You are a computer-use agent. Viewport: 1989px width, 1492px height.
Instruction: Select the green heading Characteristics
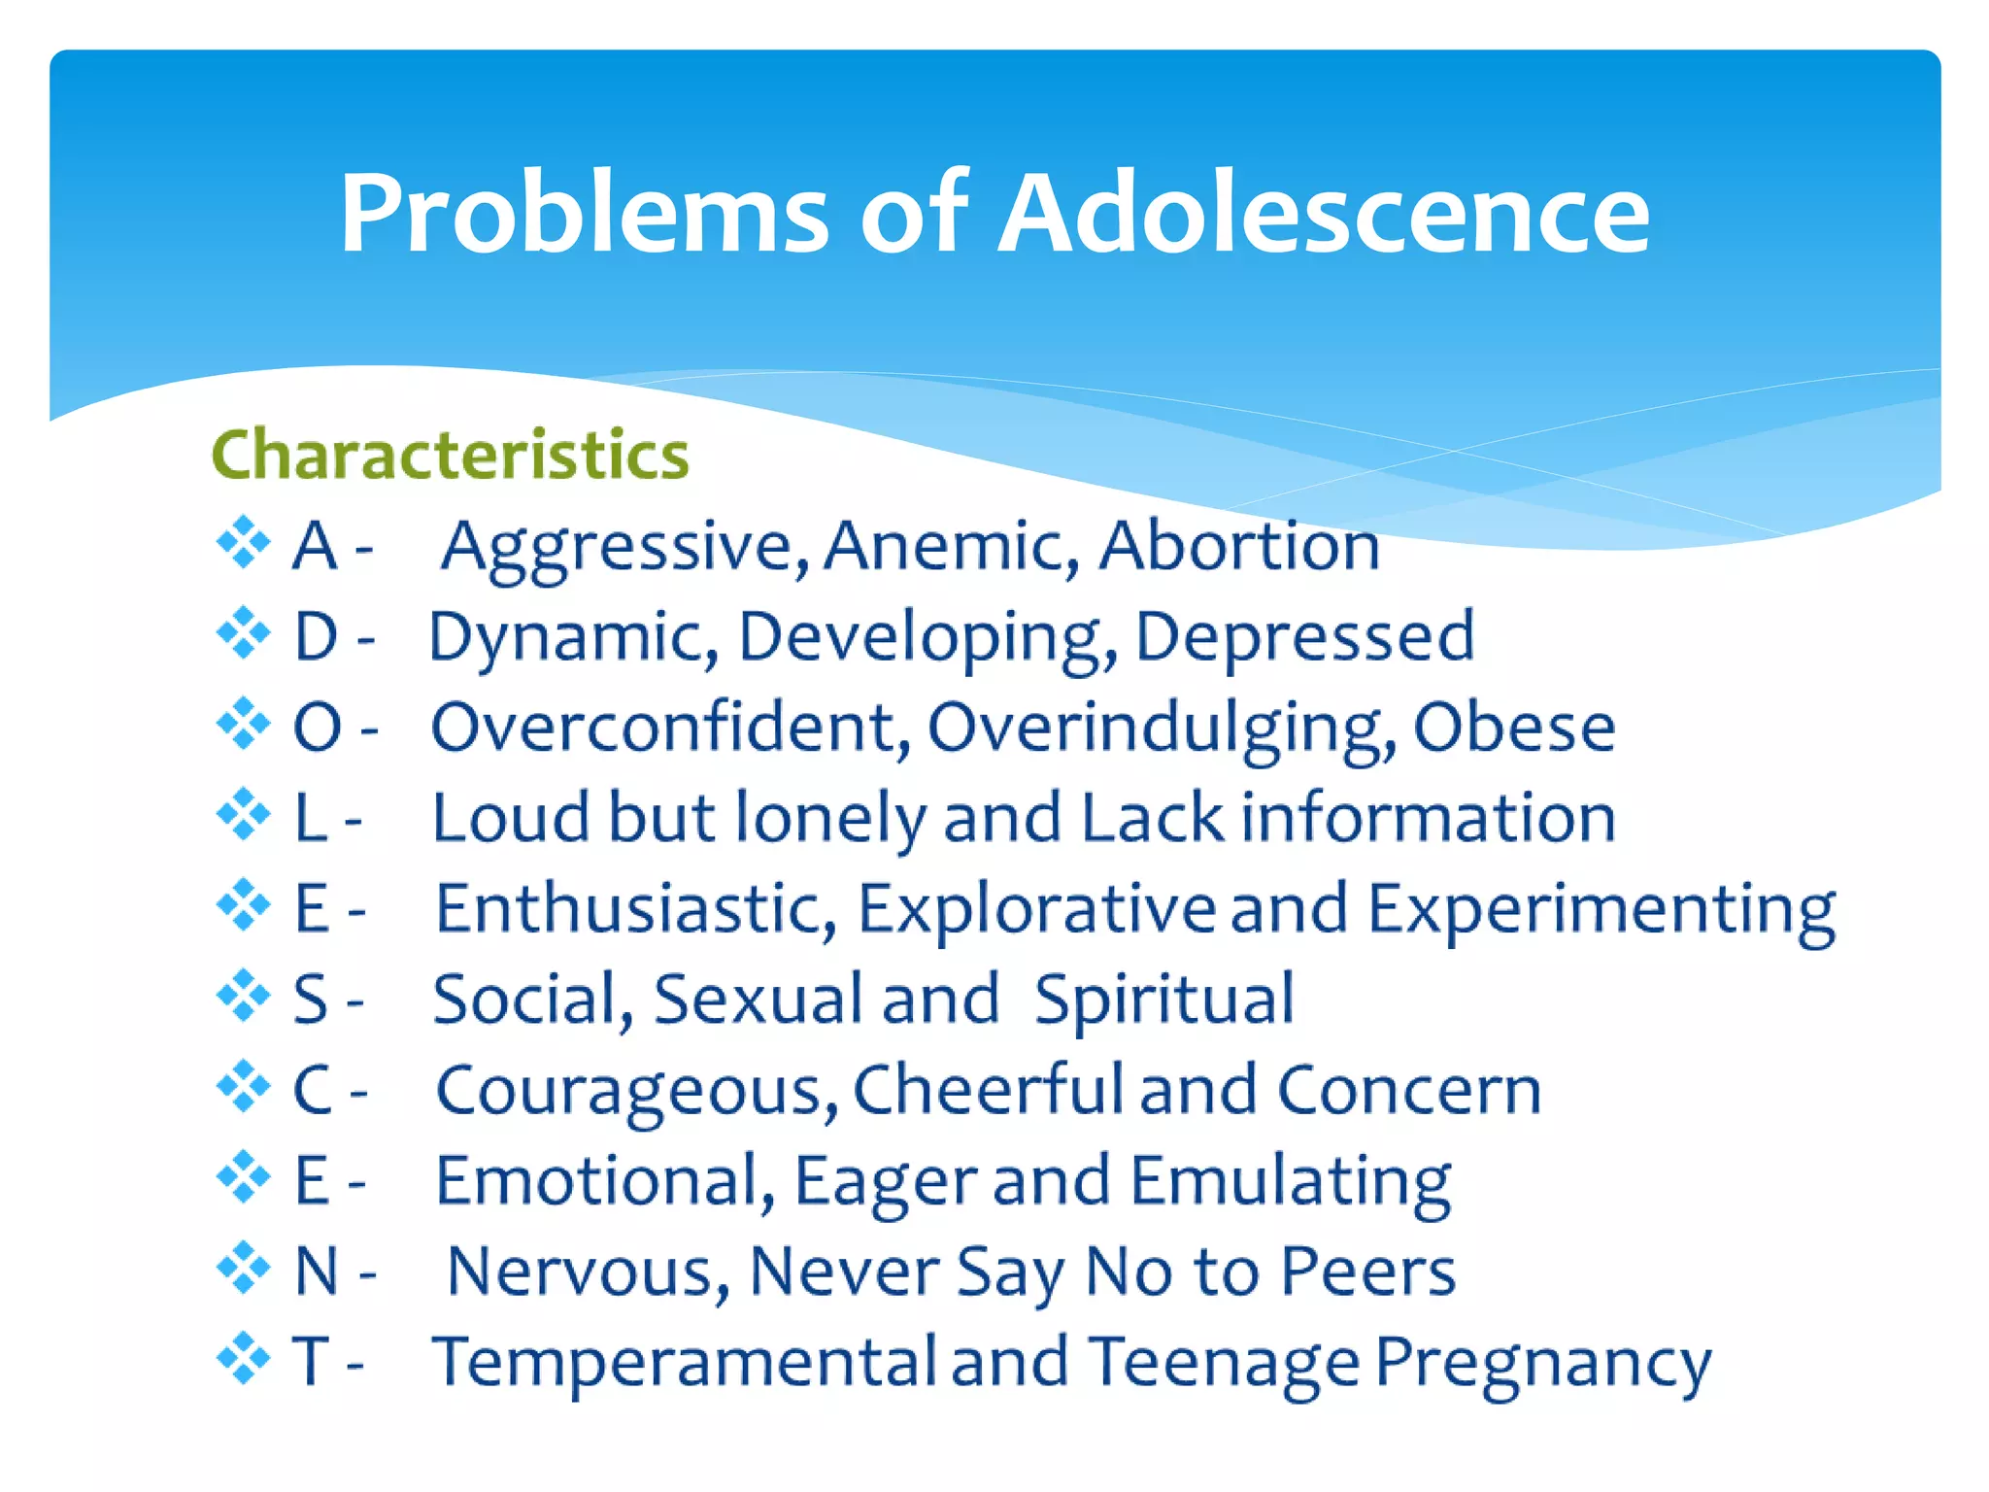click(450, 455)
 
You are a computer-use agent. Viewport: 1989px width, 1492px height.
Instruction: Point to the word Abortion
click(1238, 546)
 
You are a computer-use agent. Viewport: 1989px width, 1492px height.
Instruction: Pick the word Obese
click(1513, 728)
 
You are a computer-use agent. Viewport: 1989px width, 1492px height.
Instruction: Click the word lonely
click(830, 818)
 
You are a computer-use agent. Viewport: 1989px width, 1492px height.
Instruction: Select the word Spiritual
click(1163, 1000)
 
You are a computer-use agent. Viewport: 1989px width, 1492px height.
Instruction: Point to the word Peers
click(1367, 1271)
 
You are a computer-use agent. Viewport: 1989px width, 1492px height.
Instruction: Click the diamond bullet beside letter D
click(243, 633)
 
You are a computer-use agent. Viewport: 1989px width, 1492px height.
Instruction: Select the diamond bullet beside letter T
click(243, 1358)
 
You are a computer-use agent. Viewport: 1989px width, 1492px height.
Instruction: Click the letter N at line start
click(316, 1271)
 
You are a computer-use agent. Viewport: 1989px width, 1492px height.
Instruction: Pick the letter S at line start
click(311, 1000)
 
